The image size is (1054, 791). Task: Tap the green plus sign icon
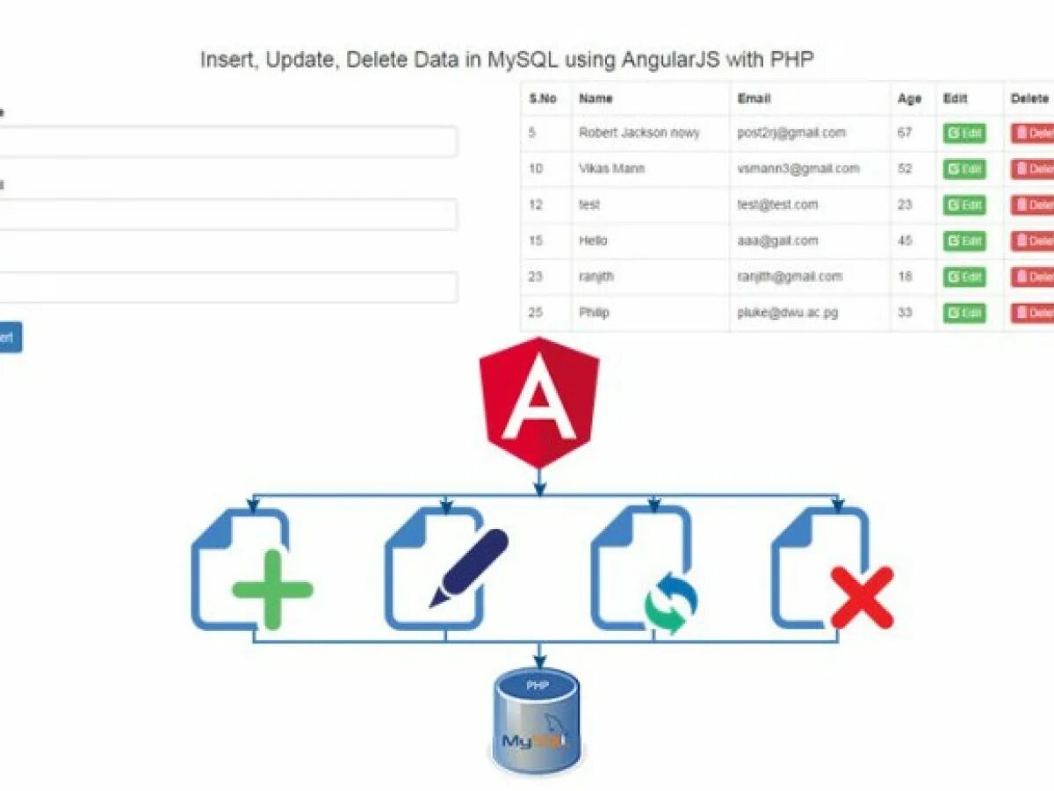272,589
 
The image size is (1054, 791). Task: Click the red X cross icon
862,598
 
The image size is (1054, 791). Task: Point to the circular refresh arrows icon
671,603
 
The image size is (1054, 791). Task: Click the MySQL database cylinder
536,721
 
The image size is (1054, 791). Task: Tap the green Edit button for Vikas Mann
964,169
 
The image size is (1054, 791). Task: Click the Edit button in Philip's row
964,313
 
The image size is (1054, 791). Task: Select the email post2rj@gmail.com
791,133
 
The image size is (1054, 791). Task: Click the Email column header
754,98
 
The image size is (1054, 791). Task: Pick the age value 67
905,133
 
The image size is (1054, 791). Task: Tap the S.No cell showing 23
537,277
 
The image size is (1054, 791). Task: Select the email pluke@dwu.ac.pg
790,313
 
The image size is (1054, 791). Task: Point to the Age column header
909,98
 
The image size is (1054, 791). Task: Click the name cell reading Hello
593,241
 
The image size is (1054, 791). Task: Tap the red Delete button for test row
1032,205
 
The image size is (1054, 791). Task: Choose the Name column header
596,98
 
